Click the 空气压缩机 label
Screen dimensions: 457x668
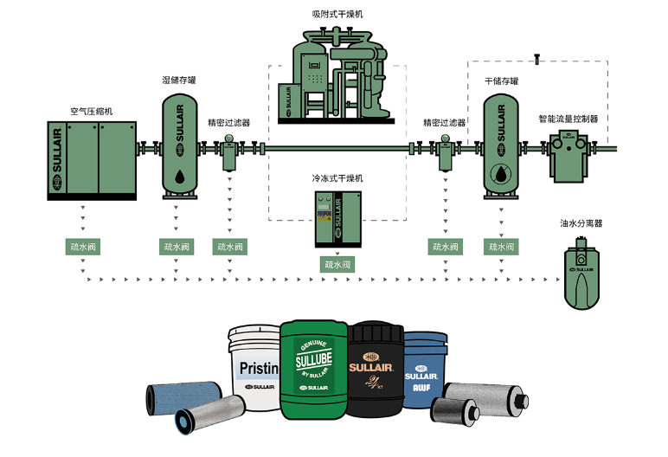tap(92, 112)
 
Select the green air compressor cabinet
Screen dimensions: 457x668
tap(92, 161)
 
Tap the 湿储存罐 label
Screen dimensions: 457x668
tap(179, 80)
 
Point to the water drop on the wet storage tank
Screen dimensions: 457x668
tap(180, 177)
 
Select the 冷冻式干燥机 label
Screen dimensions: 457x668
tap(337, 177)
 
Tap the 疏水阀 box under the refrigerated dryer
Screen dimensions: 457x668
tap(337, 264)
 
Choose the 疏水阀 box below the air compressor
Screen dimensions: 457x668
tap(82, 247)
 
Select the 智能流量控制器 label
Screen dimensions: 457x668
tap(568, 119)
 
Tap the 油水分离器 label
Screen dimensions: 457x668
tap(581, 223)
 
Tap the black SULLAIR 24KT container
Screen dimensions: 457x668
tap(376, 368)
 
